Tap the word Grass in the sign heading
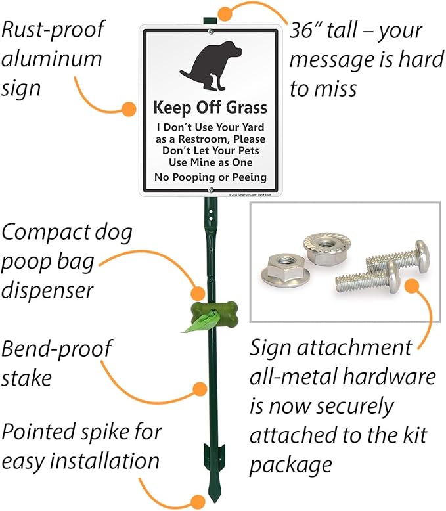(245, 108)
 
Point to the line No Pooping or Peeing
(210, 177)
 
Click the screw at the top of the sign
(210, 30)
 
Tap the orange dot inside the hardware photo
(413, 286)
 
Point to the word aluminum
(52, 58)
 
